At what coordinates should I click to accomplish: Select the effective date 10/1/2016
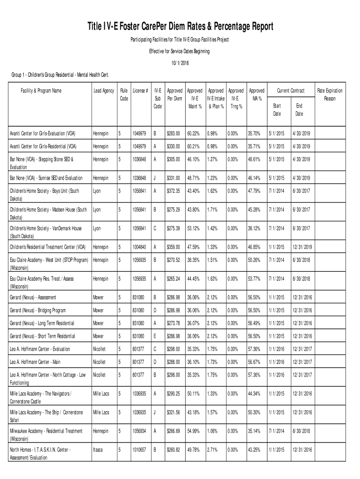click(x=180, y=62)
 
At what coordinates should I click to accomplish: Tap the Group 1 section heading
click(x=60, y=75)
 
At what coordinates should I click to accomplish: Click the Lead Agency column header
click(x=103, y=91)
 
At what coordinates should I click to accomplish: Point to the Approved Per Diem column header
click(x=174, y=94)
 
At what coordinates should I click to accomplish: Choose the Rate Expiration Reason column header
click(x=330, y=94)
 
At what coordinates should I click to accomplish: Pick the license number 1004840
click(x=140, y=247)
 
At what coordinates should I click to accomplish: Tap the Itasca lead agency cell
click(x=98, y=450)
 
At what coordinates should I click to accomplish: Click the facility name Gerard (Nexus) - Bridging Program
click(x=38, y=310)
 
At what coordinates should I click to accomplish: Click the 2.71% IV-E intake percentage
click(x=213, y=450)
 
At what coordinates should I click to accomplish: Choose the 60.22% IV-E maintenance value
click(x=194, y=134)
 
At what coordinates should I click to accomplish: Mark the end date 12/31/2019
click(x=302, y=247)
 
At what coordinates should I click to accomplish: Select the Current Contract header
click(x=291, y=91)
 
